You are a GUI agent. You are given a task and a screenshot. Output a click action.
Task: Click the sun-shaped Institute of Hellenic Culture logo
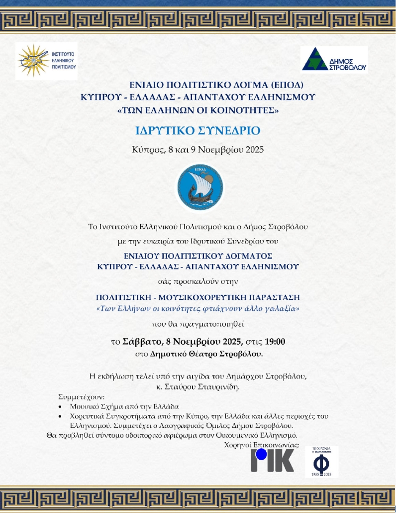pyautogui.click(x=33, y=61)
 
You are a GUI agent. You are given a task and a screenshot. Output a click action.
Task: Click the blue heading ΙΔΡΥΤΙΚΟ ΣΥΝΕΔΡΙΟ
pyautogui.click(x=198, y=131)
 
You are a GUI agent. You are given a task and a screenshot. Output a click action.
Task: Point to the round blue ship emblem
pyautogui.click(x=200, y=187)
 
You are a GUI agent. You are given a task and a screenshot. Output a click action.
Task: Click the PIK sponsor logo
pyautogui.click(x=272, y=461)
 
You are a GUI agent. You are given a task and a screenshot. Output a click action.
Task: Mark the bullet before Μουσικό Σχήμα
pyautogui.click(x=60, y=407)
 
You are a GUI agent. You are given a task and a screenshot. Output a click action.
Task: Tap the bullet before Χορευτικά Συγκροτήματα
pyautogui.click(x=60, y=416)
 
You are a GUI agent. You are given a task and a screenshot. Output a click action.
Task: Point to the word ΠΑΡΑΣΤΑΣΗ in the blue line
pyautogui.click(x=271, y=298)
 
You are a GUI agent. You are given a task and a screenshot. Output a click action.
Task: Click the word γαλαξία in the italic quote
pyautogui.click(x=285, y=309)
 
